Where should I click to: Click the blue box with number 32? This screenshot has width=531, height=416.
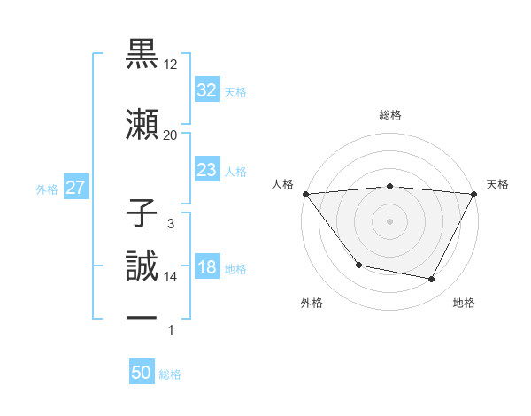pyautogui.click(x=206, y=90)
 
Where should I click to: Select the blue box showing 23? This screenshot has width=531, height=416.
pyautogui.click(x=206, y=170)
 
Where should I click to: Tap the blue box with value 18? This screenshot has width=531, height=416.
pyautogui.click(x=206, y=268)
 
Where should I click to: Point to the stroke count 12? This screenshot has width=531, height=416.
pyautogui.click(x=171, y=65)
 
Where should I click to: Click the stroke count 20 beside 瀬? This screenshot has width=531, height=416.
pyautogui.click(x=170, y=135)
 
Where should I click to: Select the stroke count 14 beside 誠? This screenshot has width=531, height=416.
pyautogui.click(x=171, y=277)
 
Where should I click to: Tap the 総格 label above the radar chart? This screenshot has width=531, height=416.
pyautogui.click(x=389, y=116)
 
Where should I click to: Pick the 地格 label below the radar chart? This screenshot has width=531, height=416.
pyautogui.click(x=464, y=304)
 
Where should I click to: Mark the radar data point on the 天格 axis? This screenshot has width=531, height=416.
pyautogui.click(x=474, y=194)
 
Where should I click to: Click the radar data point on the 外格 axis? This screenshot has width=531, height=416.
pyautogui.click(x=358, y=265)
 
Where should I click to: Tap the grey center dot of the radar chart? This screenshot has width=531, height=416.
pyautogui.click(x=389, y=220)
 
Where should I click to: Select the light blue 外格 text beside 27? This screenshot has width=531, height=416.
pyautogui.click(x=47, y=189)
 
